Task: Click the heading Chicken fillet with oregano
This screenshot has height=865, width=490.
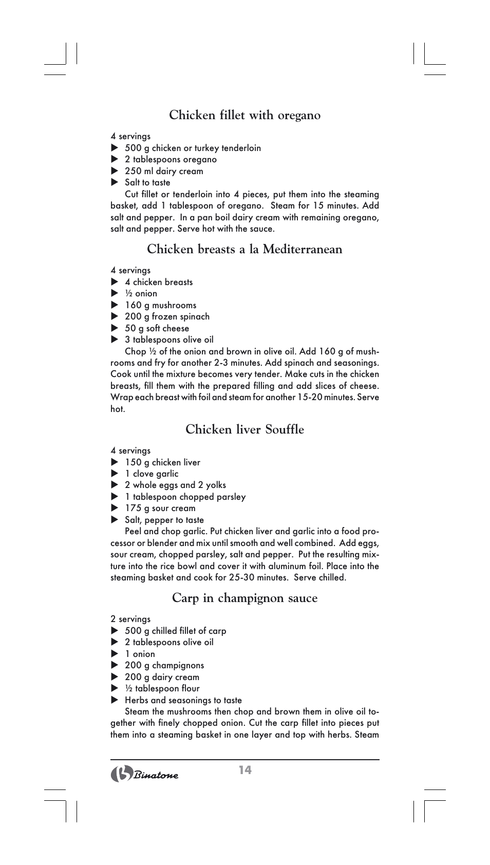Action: tap(244, 115)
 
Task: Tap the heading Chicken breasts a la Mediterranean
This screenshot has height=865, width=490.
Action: tap(244, 249)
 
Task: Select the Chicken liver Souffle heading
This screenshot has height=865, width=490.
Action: tap(244, 429)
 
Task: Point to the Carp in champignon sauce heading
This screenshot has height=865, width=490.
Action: tap(244, 598)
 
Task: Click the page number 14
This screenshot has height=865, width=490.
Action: tap(245, 769)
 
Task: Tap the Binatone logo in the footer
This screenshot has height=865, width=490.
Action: tap(145, 774)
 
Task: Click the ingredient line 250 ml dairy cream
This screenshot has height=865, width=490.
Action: tap(163, 171)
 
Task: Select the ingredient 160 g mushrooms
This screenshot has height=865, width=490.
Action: tap(160, 305)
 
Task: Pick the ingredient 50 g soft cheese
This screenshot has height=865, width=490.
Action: tap(157, 328)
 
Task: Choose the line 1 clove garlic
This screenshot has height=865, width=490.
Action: tap(152, 474)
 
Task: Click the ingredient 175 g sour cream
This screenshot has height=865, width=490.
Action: tap(160, 508)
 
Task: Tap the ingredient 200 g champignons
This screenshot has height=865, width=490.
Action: tap(164, 665)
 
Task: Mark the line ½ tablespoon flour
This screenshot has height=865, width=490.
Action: tap(162, 688)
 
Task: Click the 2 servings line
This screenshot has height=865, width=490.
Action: tap(130, 619)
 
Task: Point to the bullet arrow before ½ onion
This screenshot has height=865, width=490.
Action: tap(115, 293)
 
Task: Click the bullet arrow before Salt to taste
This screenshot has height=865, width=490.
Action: tap(115, 182)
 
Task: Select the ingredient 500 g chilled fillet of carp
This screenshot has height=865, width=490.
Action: tap(175, 631)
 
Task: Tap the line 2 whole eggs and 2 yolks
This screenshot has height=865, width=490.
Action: tap(175, 485)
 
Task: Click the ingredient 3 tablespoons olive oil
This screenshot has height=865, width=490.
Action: tap(169, 340)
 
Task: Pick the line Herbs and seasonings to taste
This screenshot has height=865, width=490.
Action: tap(183, 700)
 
